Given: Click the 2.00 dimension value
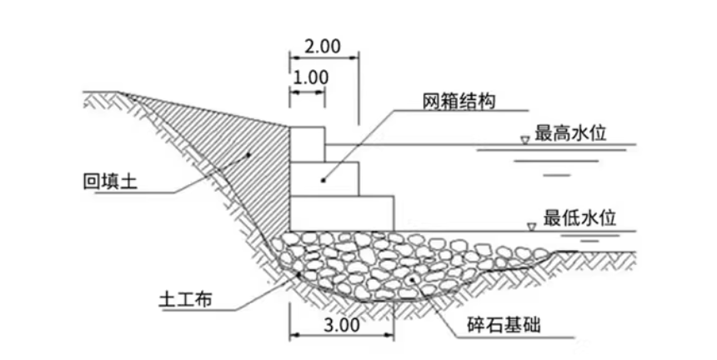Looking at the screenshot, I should [x=323, y=47].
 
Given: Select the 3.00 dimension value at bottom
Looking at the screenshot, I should [x=341, y=325].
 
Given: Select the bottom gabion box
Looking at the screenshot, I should [x=341, y=212].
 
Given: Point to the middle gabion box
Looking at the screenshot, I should [x=324, y=177].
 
